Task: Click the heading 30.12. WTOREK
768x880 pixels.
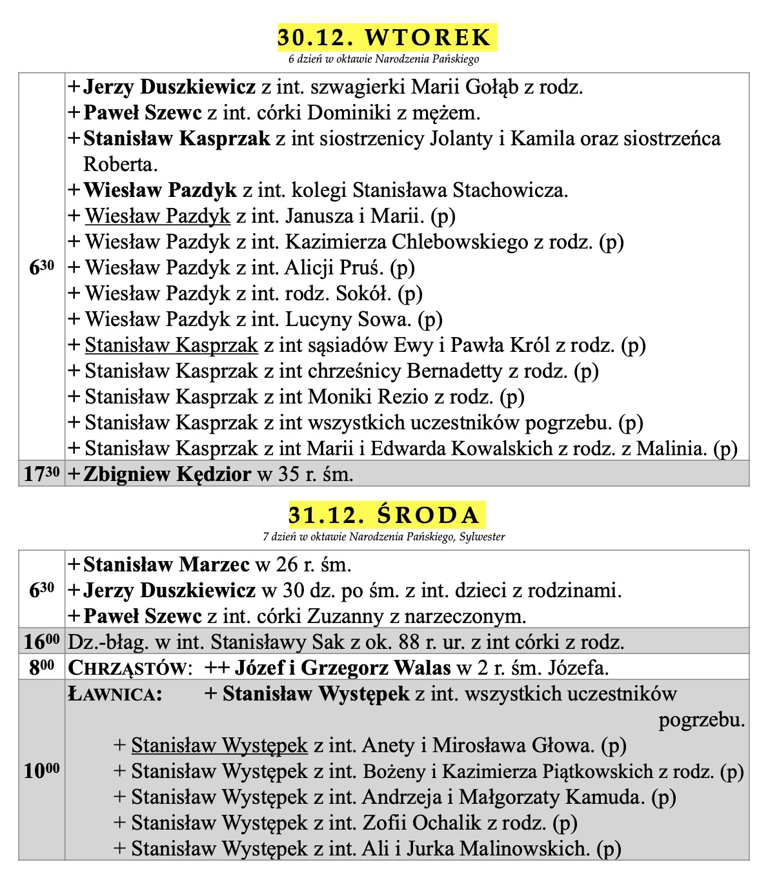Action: click(386, 37)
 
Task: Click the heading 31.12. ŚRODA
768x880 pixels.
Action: click(386, 515)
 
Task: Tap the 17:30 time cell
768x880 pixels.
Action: click(41, 475)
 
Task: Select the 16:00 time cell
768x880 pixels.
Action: click(41, 642)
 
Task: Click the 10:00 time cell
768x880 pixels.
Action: click(41, 771)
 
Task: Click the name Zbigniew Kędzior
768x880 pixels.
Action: click(167, 475)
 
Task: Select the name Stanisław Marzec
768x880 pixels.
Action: click(167, 565)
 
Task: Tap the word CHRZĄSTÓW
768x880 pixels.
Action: click(129, 668)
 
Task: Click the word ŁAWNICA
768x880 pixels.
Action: click(114, 694)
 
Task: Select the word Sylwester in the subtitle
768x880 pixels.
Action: click(481, 537)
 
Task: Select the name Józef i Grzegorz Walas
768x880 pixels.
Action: click(342, 668)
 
